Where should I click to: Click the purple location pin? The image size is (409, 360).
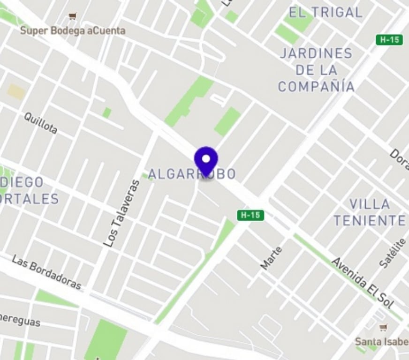(206, 161)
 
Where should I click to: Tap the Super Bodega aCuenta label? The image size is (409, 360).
(73, 31)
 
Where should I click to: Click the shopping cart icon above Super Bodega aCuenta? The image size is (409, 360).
(72, 17)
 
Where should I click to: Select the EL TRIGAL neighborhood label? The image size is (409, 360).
(326, 13)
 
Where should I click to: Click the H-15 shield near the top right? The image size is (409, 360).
(389, 40)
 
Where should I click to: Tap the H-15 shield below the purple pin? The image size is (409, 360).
(250, 215)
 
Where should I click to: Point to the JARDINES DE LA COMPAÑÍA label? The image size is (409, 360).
(316, 70)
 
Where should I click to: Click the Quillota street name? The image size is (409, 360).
(41, 123)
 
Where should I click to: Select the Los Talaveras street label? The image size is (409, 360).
(121, 214)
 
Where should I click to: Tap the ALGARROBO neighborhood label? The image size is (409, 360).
(192, 174)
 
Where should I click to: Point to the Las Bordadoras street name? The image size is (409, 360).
(46, 272)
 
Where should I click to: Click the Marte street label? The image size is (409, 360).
(272, 258)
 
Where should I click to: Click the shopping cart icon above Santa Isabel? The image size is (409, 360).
(383, 328)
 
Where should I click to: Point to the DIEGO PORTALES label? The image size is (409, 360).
(28, 190)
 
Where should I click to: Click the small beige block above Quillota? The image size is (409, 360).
(16, 91)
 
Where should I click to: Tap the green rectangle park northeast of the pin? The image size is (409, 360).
(227, 121)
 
